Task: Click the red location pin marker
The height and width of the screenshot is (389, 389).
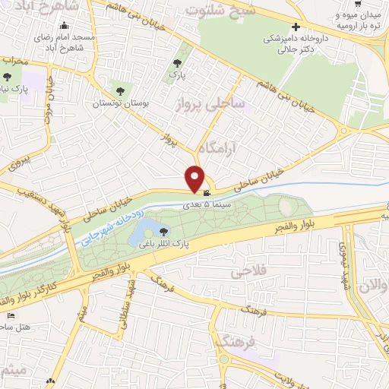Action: [x=195, y=178]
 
